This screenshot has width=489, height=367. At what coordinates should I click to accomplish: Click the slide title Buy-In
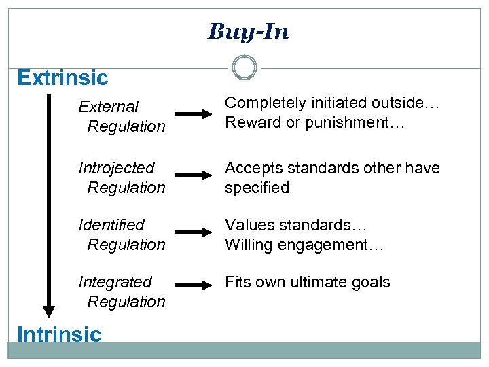(x=248, y=31)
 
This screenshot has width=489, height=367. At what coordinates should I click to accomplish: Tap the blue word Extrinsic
(x=62, y=77)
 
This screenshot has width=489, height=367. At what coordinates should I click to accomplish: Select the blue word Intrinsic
(x=59, y=334)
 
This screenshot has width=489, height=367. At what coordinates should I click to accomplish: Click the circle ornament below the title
(x=244, y=67)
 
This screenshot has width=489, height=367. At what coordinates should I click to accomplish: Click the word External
(x=109, y=107)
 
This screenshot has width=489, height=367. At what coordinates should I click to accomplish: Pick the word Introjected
(x=117, y=168)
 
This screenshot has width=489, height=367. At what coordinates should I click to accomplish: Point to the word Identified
(x=112, y=225)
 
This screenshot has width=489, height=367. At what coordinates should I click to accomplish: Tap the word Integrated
(x=115, y=282)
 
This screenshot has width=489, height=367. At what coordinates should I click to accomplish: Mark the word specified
(x=257, y=188)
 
